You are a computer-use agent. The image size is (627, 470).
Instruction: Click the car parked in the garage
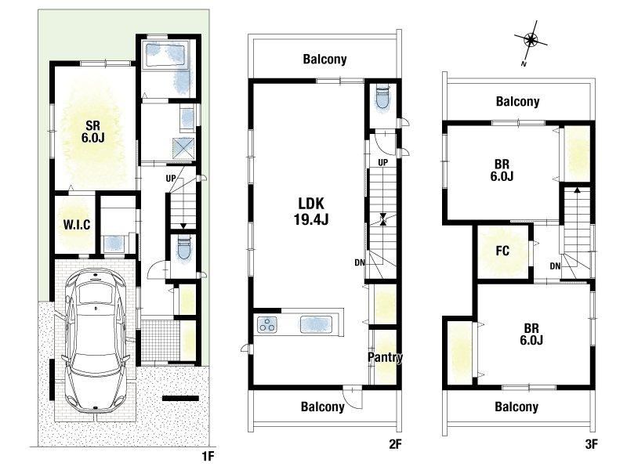point(96,340)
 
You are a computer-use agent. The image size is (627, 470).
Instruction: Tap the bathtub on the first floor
point(165,55)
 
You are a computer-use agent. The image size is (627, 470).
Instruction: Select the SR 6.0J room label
point(92,132)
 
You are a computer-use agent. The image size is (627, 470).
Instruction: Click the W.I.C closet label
point(77,225)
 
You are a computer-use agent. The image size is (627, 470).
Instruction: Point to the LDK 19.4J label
point(311,211)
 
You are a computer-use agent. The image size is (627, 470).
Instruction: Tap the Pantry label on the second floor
point(385,357)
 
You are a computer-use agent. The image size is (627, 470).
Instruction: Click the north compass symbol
point(531,40)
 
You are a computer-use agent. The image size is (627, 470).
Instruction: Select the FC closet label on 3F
point(502,251)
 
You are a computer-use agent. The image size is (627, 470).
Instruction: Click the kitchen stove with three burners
point(267,324)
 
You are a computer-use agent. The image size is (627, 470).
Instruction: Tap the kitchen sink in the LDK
point(317,324)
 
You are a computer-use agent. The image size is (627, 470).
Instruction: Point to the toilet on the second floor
point(382,97)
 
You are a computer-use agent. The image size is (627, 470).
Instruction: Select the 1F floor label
point(208,456)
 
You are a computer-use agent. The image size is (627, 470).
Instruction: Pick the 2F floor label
point(395,444)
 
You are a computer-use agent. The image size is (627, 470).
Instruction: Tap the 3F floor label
point(591,444)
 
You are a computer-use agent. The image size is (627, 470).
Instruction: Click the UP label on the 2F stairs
point(382,163)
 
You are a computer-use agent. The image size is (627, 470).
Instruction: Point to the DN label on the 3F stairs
point(555,266)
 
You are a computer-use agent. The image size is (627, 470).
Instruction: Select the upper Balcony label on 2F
point(324,60)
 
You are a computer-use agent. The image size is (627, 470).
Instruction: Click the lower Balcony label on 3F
point(516,407)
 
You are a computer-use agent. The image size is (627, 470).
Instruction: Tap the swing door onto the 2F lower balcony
point(353,398)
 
